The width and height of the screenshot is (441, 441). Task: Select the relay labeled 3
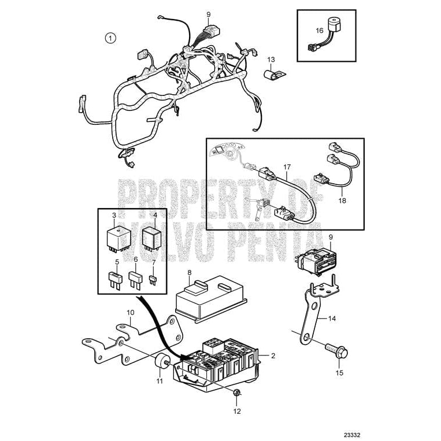tap(116, 236)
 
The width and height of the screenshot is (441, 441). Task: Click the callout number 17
tap(286, 167)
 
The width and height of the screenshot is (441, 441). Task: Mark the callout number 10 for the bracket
tap(131, 313)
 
